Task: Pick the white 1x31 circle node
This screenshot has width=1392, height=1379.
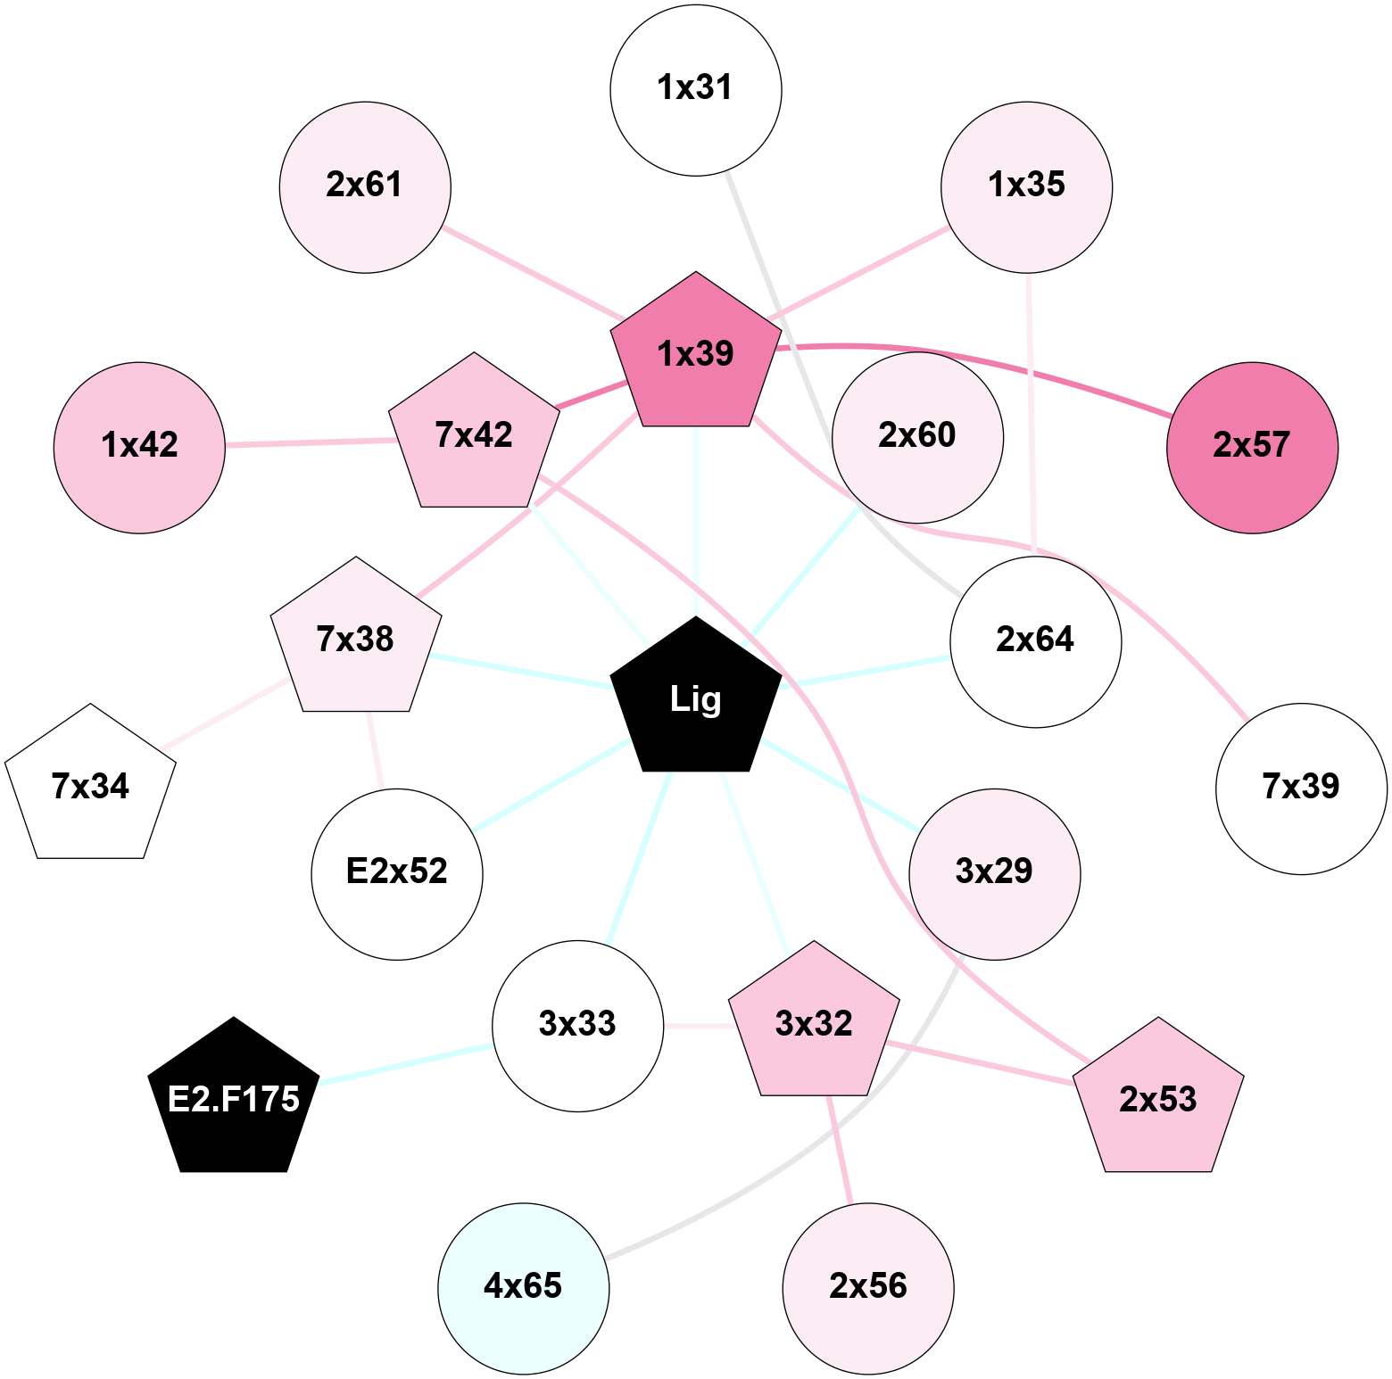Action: click(696, 90)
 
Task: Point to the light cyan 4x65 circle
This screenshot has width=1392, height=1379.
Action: click(524, 1288)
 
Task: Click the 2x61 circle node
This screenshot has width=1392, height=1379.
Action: click(365, 187)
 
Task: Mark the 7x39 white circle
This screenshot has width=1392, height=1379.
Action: click(1301, 789)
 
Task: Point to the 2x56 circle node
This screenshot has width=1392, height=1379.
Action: click(868, 1288)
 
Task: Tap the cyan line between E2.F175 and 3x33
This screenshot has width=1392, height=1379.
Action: click(406, 1062)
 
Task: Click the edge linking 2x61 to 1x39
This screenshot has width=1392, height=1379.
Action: click(534, 273)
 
